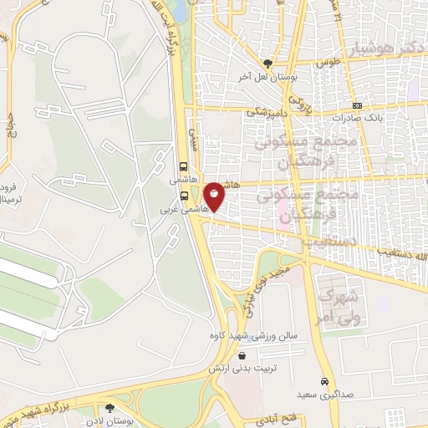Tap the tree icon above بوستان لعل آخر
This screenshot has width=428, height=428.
pyautogui.click(x=268, y=64)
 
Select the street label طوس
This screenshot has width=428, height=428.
pyautogui.click(x=325, y=62)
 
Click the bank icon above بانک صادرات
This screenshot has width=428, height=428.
pyautogui.click(x=357, y=105)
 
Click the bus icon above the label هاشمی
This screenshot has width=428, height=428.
pyautogui.click(x=184, y=166)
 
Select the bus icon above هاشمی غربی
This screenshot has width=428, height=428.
pyautogui.click(x=184, y=196)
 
